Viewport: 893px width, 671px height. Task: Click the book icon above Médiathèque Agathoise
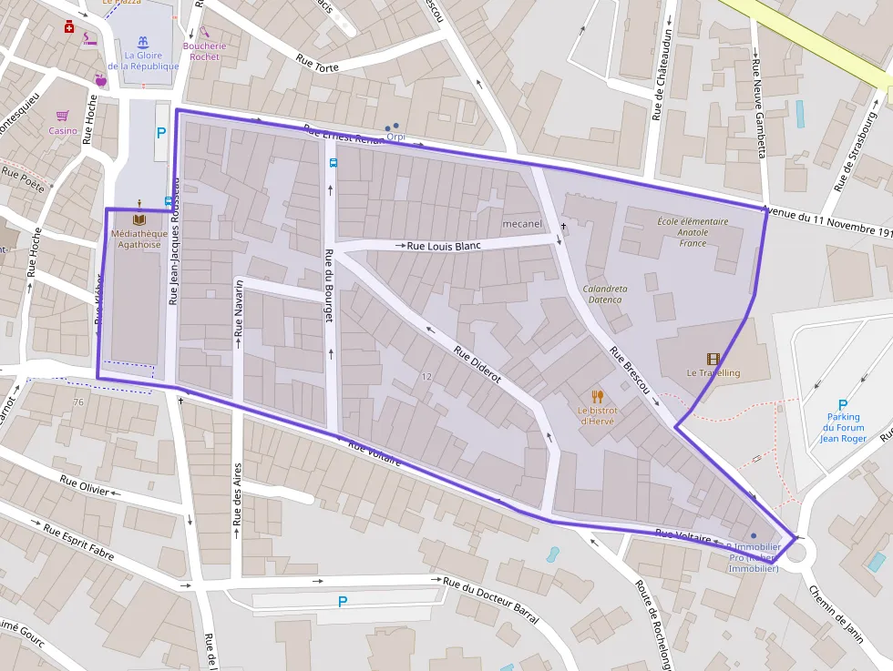pyautogui.click(x=139, y=219)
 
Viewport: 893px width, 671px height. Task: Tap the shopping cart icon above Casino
pyautogui.click(x=63, y=117)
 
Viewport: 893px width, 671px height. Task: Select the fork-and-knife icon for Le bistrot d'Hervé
pyautogui.click(x=598, y=396)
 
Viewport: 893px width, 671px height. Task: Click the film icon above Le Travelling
pyautogui.click(x=713, y=360)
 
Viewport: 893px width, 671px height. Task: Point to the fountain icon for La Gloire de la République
pyautogui.click(x=143, y=42)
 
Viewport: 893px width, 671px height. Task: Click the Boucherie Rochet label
pyautogui.click(x=204, y=51)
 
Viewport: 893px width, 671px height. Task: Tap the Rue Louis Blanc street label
pyautogui.click(x=443, y=246)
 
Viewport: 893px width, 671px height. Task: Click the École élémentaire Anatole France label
pyautogui.click(x=693, y=232)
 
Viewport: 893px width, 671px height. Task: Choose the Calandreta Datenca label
pyautogui.click(x=605, y=294)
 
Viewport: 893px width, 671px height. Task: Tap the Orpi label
pyautogui.click(x=395, y=137)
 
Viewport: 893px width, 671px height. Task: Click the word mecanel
pyautogui.click(x=522, y=223)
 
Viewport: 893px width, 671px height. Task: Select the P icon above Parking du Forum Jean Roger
pyautogui.click(x=842, y=406)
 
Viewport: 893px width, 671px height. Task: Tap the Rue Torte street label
pyautogui.click(x=317, y=62)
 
